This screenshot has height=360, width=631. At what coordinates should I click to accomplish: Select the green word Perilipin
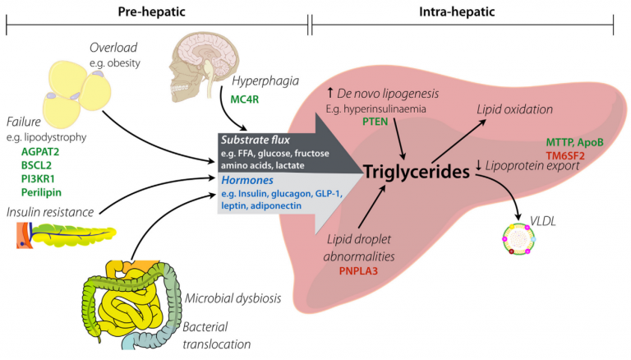pyautogui.click(x=47, y=194)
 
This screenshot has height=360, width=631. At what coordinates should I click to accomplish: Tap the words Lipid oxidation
pyautogui.click(x=515, y=109)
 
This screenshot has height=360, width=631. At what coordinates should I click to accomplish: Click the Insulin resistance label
pyautogui.click(x=48, y=212)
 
